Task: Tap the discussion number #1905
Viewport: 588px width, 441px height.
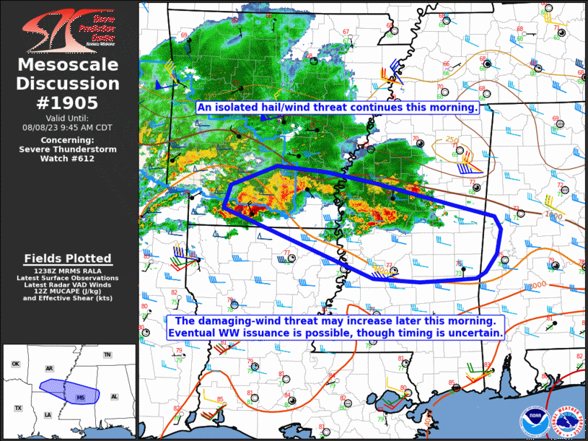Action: tap(69, 102)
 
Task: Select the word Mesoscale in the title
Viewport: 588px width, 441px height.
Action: tap(69, 66)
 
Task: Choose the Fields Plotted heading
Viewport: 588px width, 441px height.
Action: tap(68, 258)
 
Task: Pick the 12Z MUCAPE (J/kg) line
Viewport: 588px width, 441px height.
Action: tap(69, 290)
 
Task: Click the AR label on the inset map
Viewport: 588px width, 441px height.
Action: tap(50, 368)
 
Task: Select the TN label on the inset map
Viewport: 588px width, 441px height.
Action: tap(107, 355)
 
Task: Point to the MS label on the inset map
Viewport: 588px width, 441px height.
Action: tap(80, 398)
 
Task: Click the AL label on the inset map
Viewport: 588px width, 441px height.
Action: tap(114, 397)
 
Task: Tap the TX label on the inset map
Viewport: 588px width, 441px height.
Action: tap(18, 409)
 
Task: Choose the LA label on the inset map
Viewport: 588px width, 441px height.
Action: tap(48, 415)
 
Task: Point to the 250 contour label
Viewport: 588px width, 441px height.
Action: tap(452, 140)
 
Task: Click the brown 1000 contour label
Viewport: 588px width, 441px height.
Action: tap(554, 215)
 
